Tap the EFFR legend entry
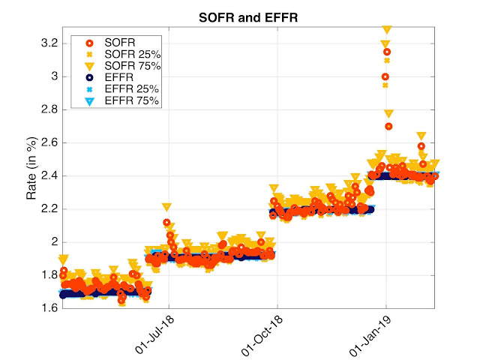(x=117, y=78)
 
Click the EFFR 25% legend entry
(x=124, y=89)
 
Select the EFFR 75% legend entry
(x=124, y=100)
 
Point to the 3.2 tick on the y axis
(x=49, y=43)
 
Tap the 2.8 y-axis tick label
(x=49, y=109)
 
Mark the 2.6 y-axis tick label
(x=49, y=142)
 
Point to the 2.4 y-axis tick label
(x=49, y=175)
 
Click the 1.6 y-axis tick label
(x=49, y=308)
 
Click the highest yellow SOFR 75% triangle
(x=387, y=30)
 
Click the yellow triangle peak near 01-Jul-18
(x=166, y=207)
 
